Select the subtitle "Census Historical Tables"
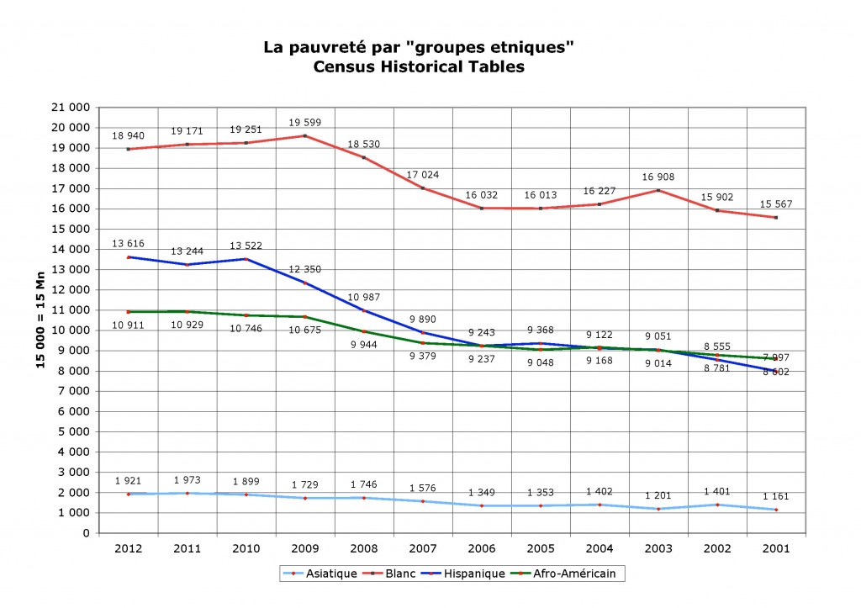[418, 67]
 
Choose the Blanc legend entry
[391, 574]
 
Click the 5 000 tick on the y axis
[75, 431]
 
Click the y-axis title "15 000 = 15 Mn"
[40, 320]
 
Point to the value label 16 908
[658, 177]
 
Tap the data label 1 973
[188, 480]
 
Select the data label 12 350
[305, 269]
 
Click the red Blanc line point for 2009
[305, 135]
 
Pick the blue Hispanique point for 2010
[246, 259]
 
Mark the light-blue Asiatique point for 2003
[658, 509]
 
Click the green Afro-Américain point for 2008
[364, 331]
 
